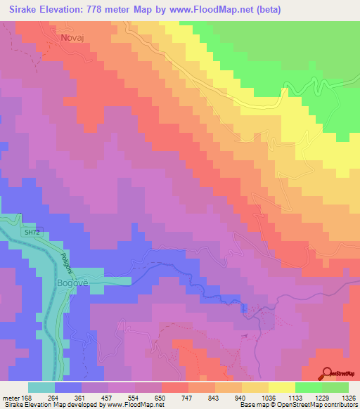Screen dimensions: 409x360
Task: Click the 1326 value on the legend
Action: (x=348, y=397)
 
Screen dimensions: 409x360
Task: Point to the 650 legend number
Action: (x=161, y=397)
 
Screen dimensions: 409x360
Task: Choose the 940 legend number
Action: (x=241, y=397)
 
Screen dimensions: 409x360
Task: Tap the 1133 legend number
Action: (x=295, y=397)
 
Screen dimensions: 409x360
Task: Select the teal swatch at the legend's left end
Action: (x=41, y=387)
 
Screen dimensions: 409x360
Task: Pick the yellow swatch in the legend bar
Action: (x=281, y=387)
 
